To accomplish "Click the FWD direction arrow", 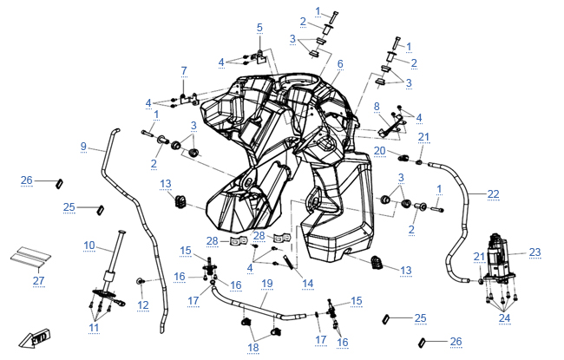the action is tap(35, 339).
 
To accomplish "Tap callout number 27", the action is tap(38, 280).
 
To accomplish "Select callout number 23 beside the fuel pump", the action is tap(534, 252).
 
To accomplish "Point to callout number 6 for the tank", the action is tap(340, 64).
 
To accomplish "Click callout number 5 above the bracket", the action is tap(259, 28).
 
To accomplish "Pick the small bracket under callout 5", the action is tap(261, 56).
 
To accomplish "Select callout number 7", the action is tap(184, 71).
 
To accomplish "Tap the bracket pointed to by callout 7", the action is tap(188, 99).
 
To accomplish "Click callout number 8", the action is tap(377, 107).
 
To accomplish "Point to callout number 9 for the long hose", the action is tap(83, 147).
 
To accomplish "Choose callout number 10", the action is tap(89, 245).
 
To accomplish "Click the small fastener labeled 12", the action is tap(140, 281).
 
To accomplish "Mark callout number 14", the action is tap(307, 284).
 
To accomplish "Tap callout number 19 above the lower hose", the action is tap(267, 284).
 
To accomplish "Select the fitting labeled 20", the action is tap(403, 158).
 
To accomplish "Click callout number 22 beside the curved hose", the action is tap(493, 194).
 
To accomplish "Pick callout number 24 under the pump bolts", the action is tap(504, 317).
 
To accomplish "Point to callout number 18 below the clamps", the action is tap(253, 347).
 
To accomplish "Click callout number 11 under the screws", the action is tap(94, 328).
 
